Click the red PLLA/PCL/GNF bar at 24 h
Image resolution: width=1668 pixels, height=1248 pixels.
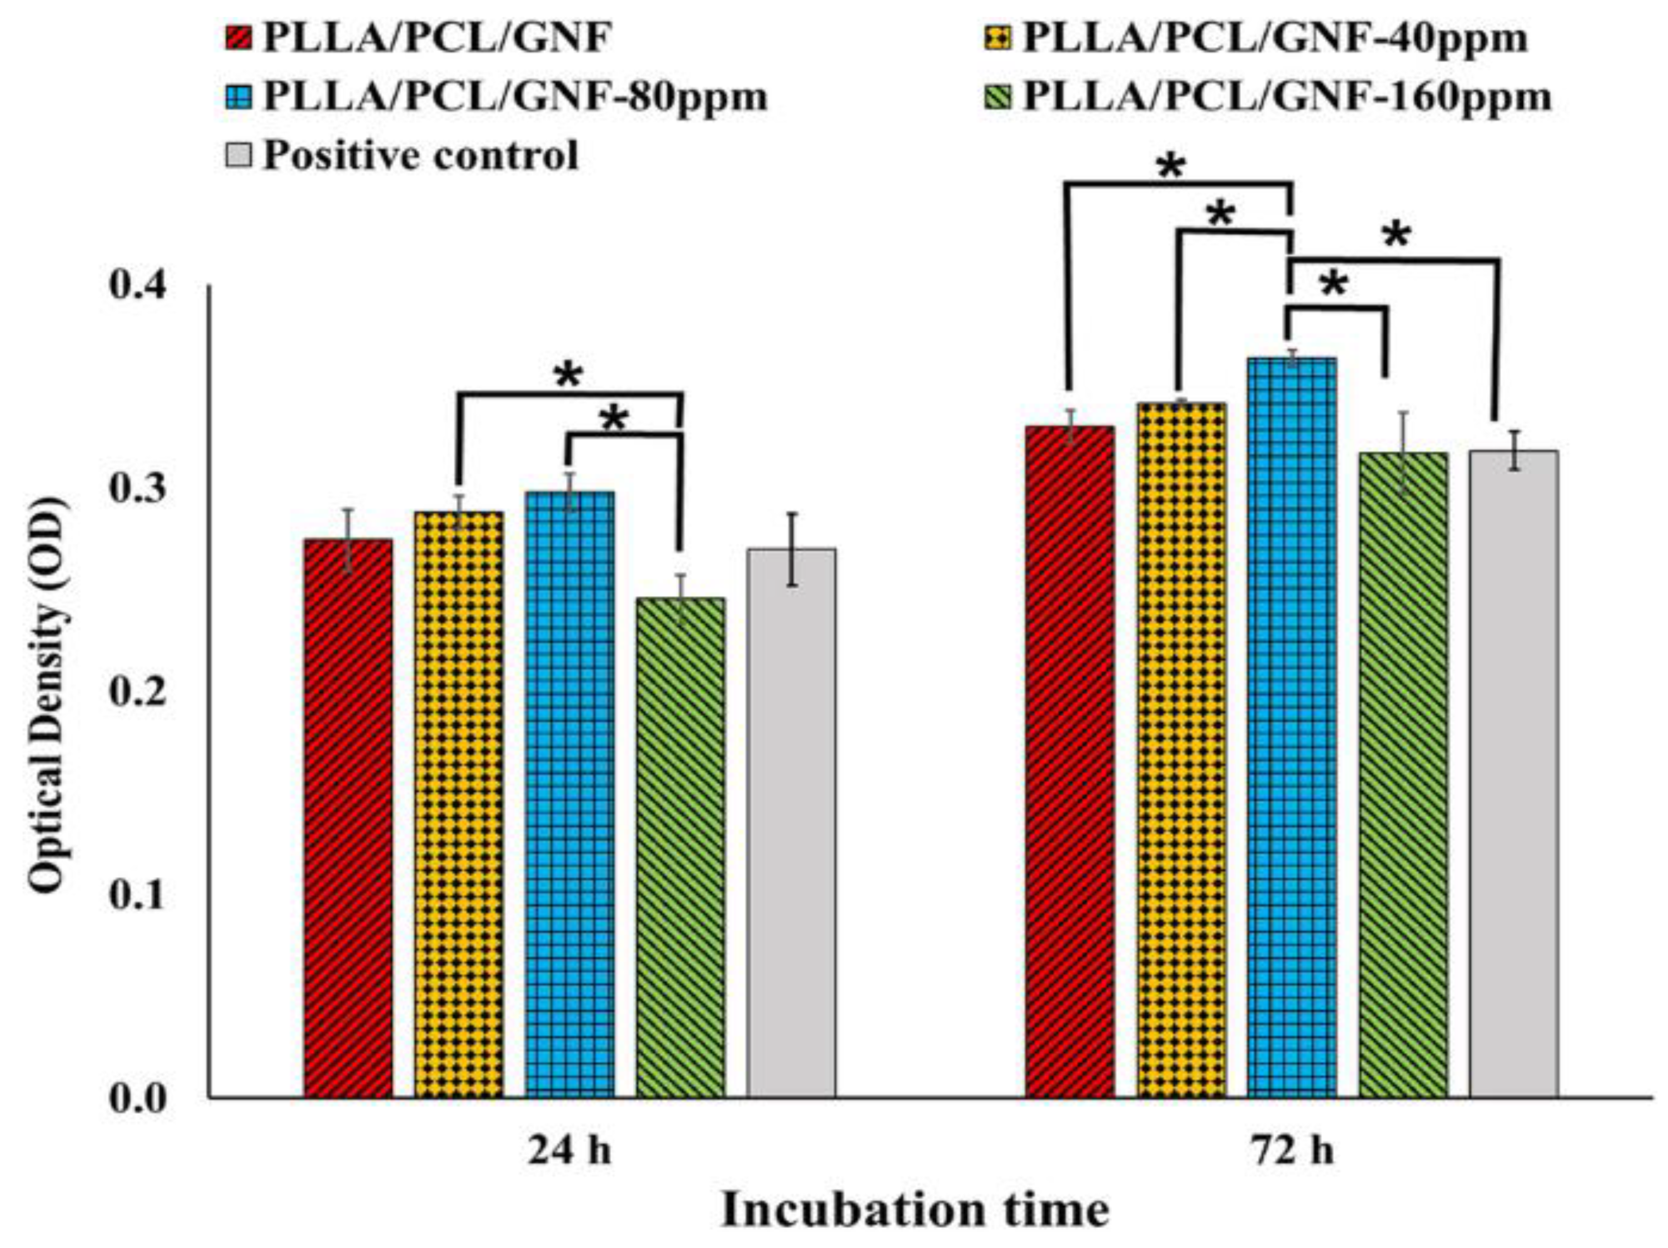click(348, 818)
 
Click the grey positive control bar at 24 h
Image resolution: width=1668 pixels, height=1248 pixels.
click(791, 823)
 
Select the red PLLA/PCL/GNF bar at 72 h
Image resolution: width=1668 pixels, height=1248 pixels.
click(1069, 761)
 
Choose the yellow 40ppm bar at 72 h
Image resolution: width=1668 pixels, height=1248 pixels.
click(1181, 750)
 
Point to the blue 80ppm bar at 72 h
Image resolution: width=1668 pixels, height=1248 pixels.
click(1292, 727)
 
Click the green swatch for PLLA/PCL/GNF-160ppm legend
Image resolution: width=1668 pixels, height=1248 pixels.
click(997, 98)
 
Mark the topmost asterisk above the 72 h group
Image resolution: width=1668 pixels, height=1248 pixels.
click(1171, 167)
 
